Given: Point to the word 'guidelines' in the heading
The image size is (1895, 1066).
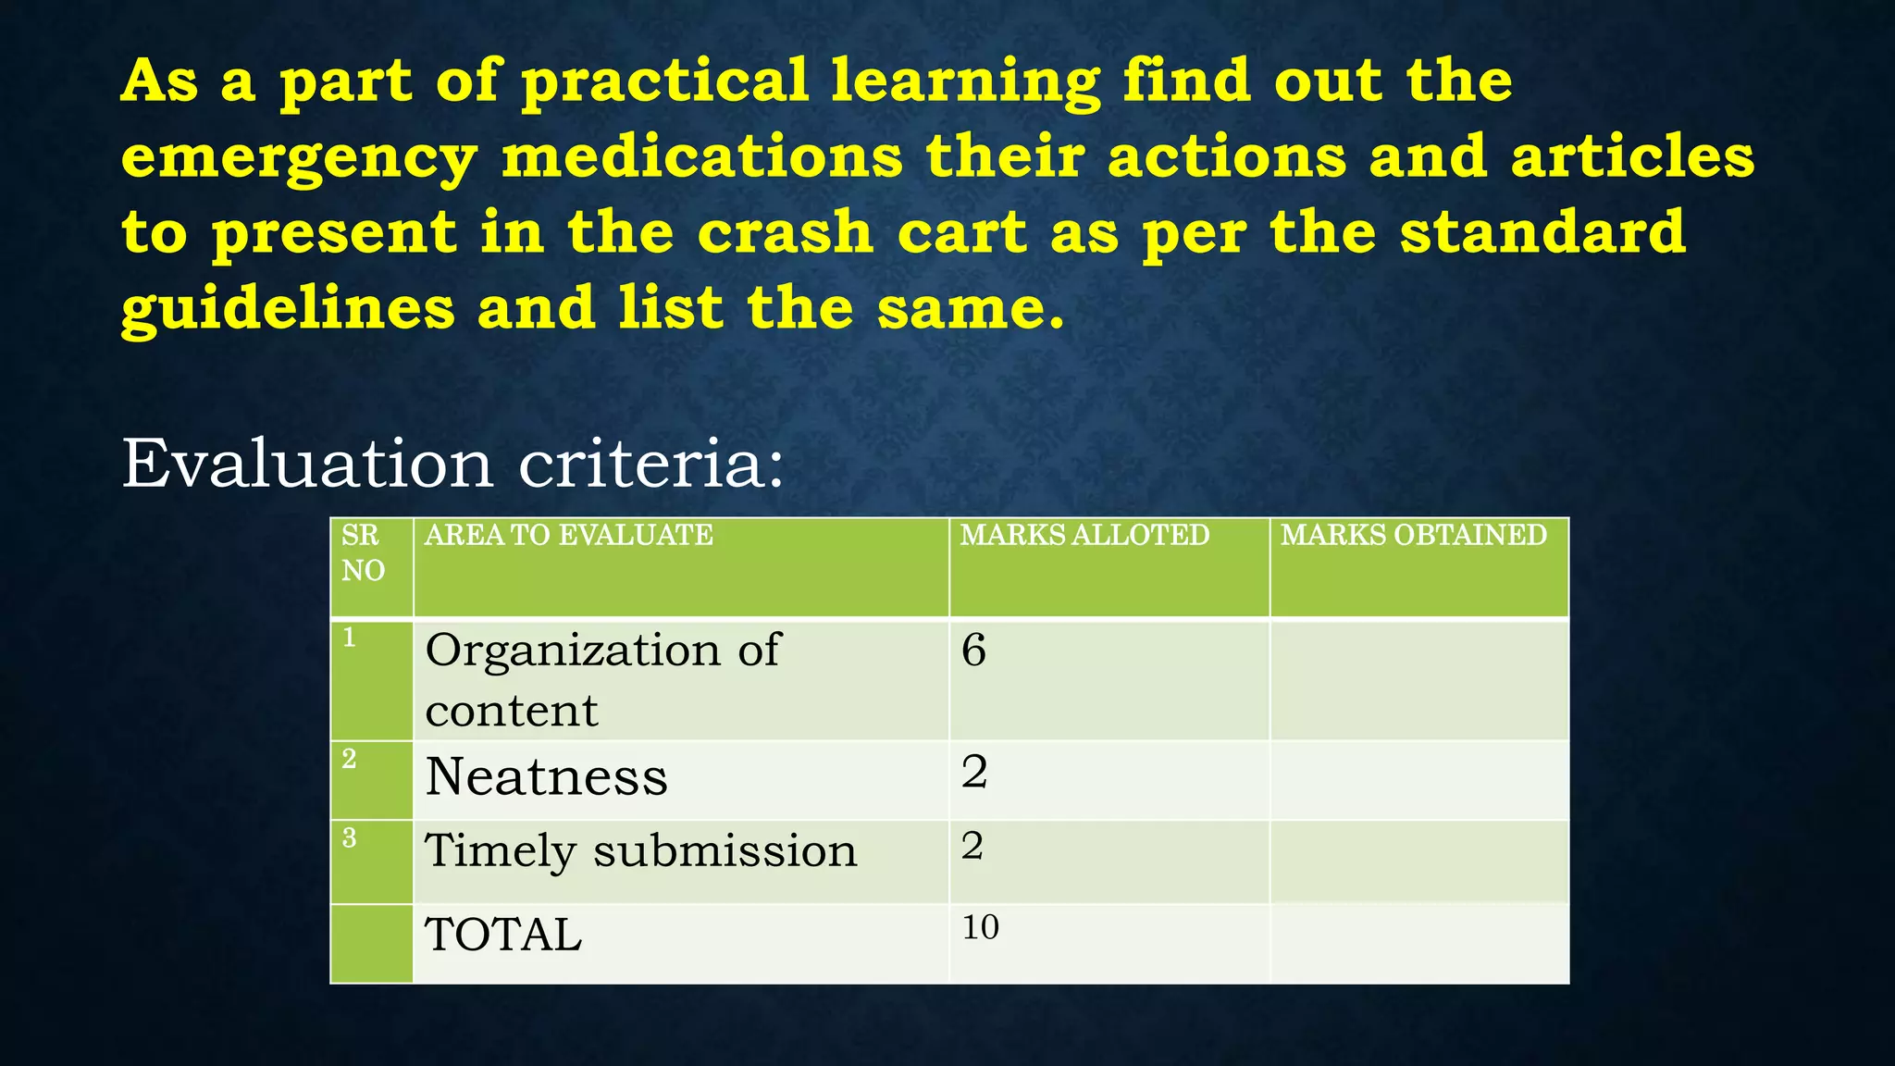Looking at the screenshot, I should click(288, 309).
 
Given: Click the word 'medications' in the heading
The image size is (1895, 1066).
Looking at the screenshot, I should click(701, 157).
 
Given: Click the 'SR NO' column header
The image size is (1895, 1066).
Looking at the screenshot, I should click(363, 552).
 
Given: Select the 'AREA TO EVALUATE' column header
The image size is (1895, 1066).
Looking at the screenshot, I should click(568, 536).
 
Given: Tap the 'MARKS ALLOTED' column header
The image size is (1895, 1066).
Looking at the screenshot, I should click(1084, 536).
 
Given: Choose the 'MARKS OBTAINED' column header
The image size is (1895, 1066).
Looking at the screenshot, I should click(1413, 536).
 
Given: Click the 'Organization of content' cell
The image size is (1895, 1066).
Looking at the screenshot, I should click(602, 680).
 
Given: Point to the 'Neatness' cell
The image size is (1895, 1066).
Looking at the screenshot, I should click(546, 777).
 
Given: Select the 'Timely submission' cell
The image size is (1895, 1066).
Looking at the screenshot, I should click(640, 851).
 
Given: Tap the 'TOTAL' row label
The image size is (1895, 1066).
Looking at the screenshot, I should click(503, 936).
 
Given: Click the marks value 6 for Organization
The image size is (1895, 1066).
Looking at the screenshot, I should click(974, 651).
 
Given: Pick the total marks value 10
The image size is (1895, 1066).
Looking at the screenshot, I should click(981, 928).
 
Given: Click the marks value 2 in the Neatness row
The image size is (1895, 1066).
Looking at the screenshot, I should click(974, 773).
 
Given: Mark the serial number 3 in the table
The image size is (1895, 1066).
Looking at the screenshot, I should click(349, 838).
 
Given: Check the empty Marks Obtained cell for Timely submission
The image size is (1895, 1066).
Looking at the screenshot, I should click(1418, 861).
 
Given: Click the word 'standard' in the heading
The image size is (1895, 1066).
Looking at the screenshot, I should click(1542, 233).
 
